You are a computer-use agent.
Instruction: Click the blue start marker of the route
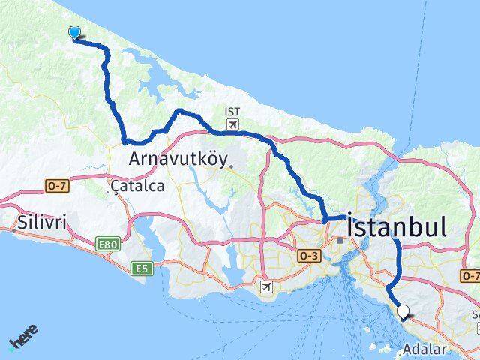tap(75, 31)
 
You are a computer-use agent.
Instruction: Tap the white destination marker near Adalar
tap(403, 310)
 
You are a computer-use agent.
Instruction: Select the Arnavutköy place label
tap(178, 158)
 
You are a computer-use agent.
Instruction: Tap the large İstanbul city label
tap(398, 226)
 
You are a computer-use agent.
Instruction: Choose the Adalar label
tap(424, 349)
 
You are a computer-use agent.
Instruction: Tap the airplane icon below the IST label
tap(232, 124)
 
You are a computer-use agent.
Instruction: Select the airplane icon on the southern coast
tap(267, 286)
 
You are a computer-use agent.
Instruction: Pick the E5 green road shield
tap(139, 268)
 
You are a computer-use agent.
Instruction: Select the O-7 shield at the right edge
tap(472, 275)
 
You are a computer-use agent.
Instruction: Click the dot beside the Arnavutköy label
tap(232, 166)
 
